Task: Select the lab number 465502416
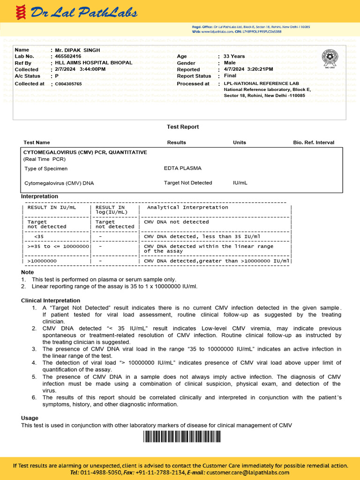(x=68, y=56)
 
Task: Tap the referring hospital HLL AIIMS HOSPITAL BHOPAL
(x=93, y=62)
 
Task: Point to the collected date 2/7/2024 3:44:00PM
(x=80, y=69)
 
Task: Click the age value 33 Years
(x=234, y=56)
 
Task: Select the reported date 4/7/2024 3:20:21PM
(x=248, y=69)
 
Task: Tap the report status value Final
(x=230, y=76)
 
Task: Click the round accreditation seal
(x=329, y=58)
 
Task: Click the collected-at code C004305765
(x=68, y=84)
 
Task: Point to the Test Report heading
(x=183, y=127)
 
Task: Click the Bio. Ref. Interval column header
(x=314, y=142)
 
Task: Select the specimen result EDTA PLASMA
(x=183, y=168)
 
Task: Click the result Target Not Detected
(x=188, y=183)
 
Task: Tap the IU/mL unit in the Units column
(x=240, y=183)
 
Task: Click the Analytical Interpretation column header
(x=187, y=207)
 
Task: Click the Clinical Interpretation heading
(x=51, y=300)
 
